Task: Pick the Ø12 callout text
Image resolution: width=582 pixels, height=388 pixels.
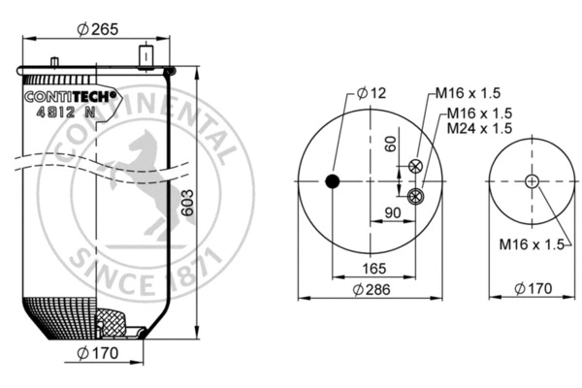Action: point(371,93)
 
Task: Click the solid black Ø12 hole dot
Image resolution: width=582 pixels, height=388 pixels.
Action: point(333,181)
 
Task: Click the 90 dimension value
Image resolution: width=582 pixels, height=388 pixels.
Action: point(394,213)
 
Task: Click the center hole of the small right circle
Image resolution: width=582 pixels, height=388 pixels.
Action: point(532,181)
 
